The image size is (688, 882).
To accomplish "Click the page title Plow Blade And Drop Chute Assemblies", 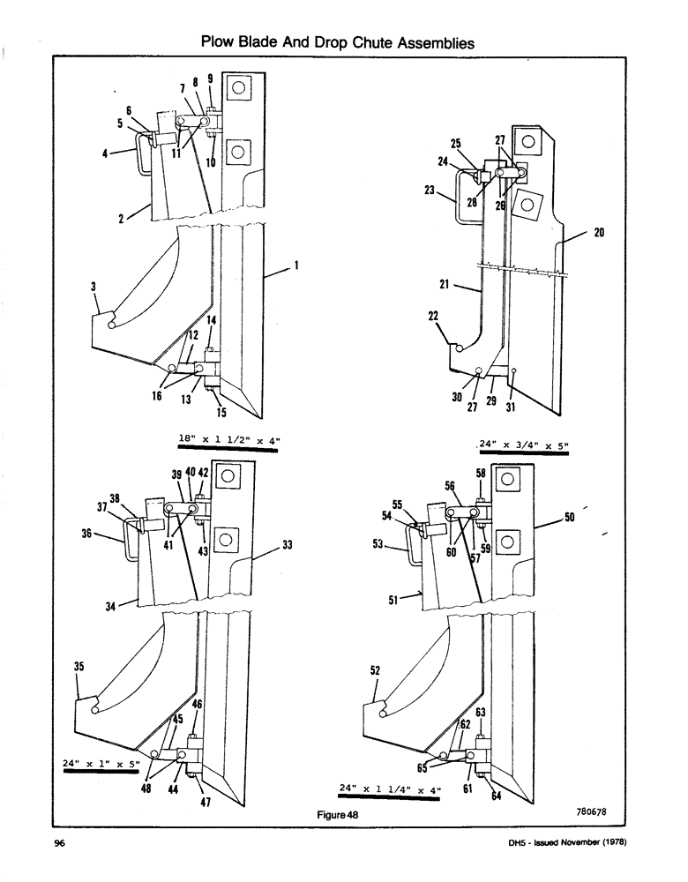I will [338, 41].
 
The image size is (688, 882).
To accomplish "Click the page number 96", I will [60, 844].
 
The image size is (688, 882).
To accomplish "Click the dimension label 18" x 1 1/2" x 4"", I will [227, 438].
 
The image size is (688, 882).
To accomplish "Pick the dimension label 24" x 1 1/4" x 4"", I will [390, 787].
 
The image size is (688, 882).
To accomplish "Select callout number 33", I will [287, 545].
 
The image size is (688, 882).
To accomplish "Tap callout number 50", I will [570, 518].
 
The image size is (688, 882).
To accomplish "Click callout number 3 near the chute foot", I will [93, 287].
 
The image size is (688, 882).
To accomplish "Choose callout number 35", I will [79, 668].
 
